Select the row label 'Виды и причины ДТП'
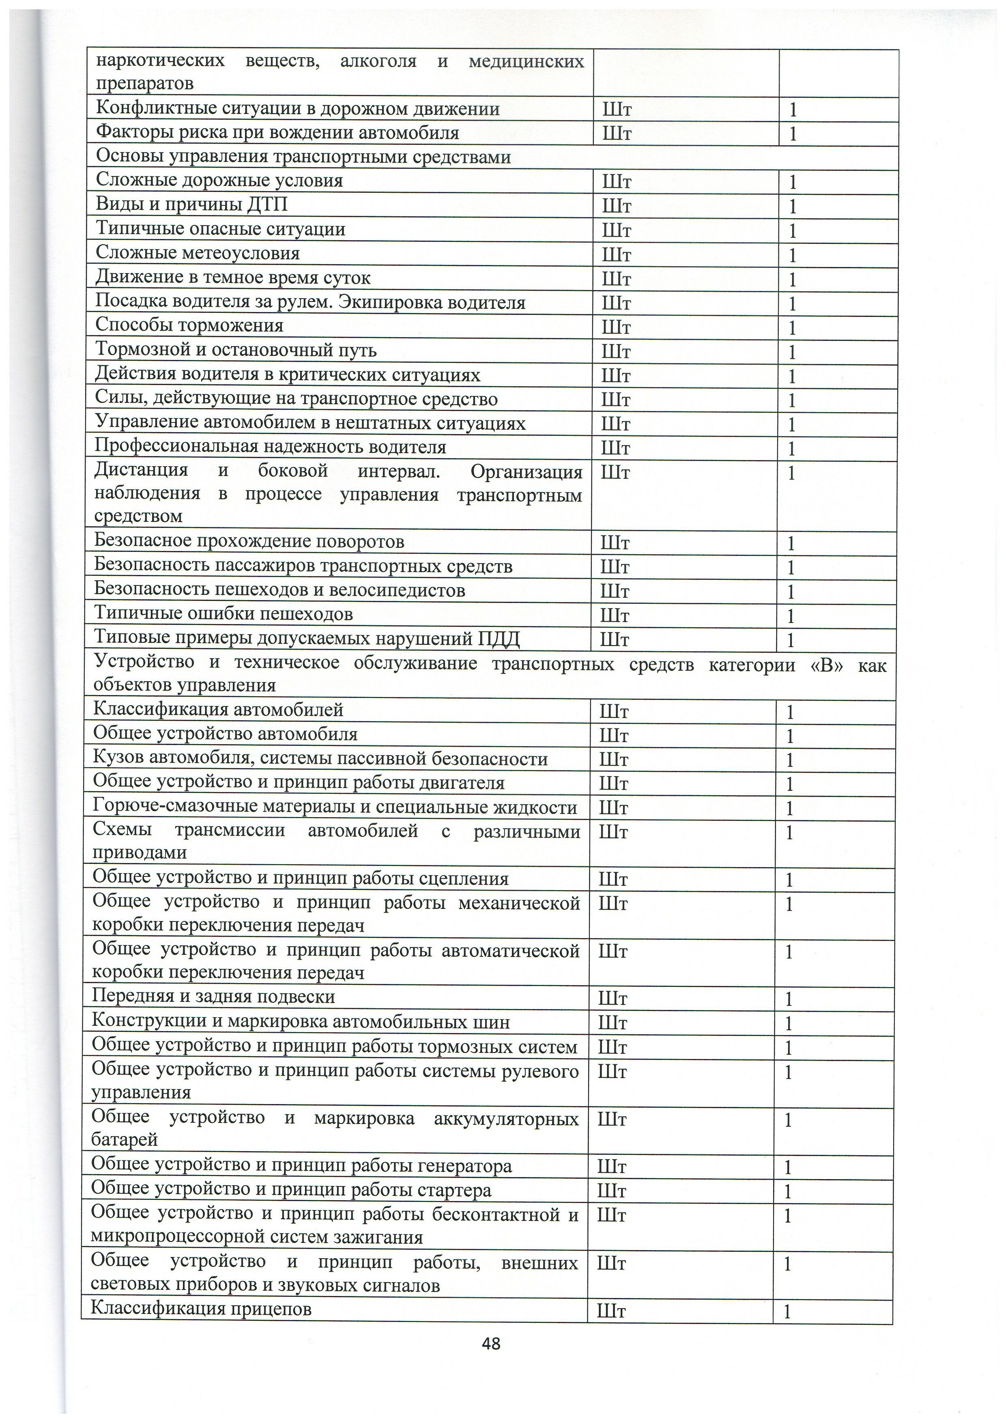coord(191,205)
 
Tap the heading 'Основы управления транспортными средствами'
coord(303,157)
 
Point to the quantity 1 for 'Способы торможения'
coord(792,327)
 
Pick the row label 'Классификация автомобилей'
coord(218,710)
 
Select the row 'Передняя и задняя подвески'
coord(214,996)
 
